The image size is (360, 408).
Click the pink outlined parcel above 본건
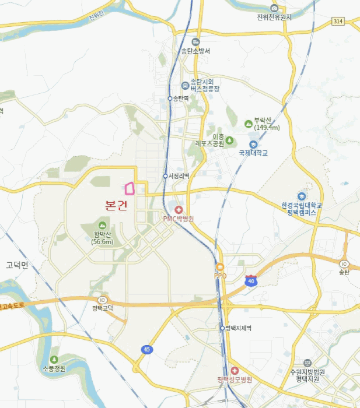coord(130,188)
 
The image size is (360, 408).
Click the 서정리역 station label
coord(178,176)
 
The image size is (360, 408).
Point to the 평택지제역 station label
coord(238,328)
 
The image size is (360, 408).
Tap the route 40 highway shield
coord(251,280)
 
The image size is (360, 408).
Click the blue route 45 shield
coord(147,349)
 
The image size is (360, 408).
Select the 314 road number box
coord(337,21)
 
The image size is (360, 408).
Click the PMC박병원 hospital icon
coord(179,210)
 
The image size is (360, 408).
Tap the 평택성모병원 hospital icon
coord(235,371)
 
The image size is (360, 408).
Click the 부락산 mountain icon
coord(249,124)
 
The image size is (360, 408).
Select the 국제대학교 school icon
coord(253,144)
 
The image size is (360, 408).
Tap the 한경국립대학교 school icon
coord(301,196)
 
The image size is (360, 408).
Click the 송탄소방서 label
coord(195,51)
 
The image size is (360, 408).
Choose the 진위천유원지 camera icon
coord(274,8)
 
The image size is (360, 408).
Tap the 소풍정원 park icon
coord(54,360)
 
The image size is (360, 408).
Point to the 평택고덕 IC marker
coord(103,300)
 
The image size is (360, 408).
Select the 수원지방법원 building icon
coord(307,363)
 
